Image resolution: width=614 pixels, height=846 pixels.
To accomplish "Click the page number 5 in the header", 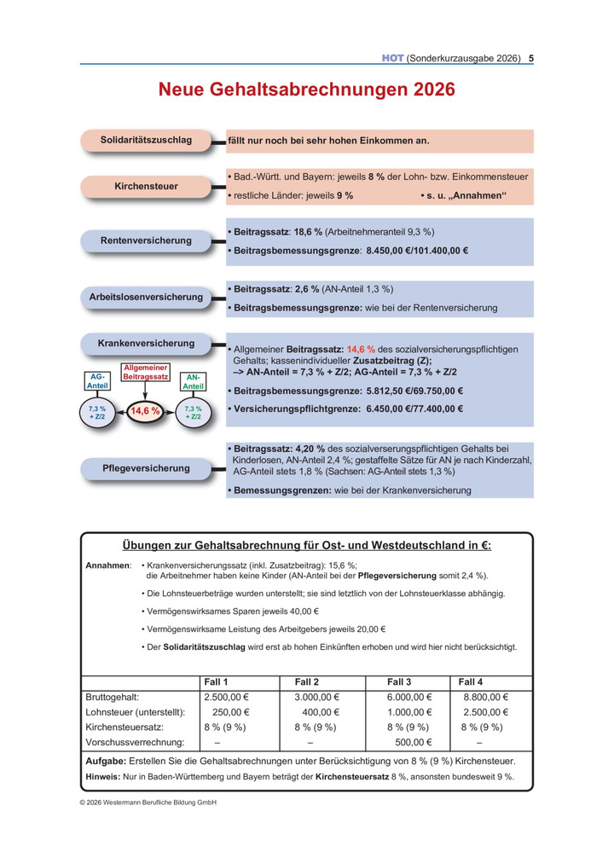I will click(x=531, y=59).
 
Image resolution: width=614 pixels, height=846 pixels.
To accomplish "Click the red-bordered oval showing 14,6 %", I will click(x=145, y=411).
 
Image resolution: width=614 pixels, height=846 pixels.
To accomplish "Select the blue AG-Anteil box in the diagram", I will click(x=98, y=382).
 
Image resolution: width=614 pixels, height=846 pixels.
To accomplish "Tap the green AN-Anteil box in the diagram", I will click(x=193, y=382).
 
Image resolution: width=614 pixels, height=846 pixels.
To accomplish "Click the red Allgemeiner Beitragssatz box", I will click(x=146, y=371).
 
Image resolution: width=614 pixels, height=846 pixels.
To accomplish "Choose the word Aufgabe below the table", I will click(x=106, y=760).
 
